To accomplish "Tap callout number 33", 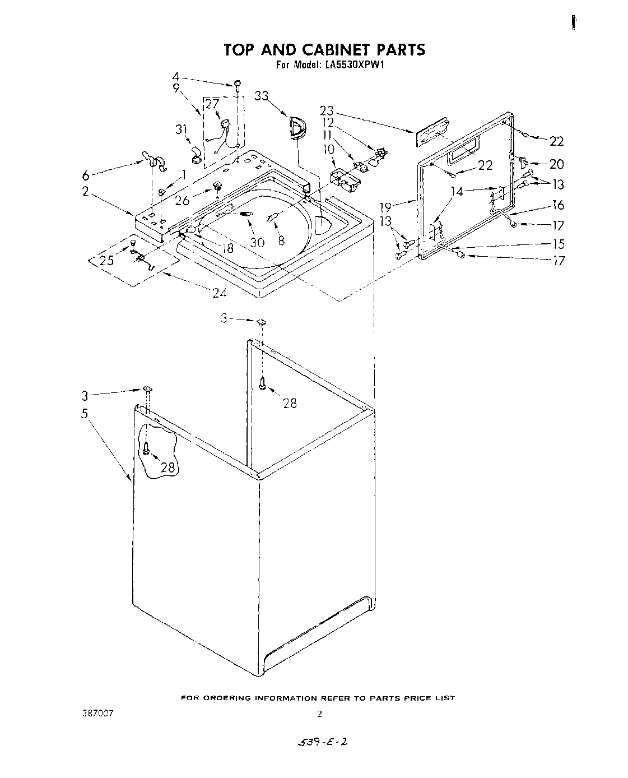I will click(x=262, y=96).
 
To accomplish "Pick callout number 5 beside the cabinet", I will click(x=85, y=414).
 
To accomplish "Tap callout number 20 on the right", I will click(x=556, y=164).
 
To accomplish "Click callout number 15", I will click(x=557, y=244).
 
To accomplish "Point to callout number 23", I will click(x=327, y=110).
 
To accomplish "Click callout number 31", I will click(x=180, y=129).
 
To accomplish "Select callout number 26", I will click(x=183, y=201).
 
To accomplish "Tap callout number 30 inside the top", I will click(x=257, y=242).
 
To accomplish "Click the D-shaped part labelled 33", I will click(x=297, y=127).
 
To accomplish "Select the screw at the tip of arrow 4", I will click(x=238, y=84).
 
